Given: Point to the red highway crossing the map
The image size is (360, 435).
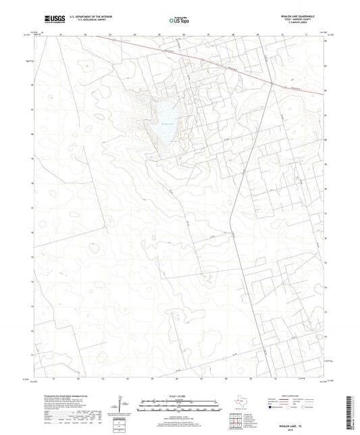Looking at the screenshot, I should (x=223, y=65).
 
